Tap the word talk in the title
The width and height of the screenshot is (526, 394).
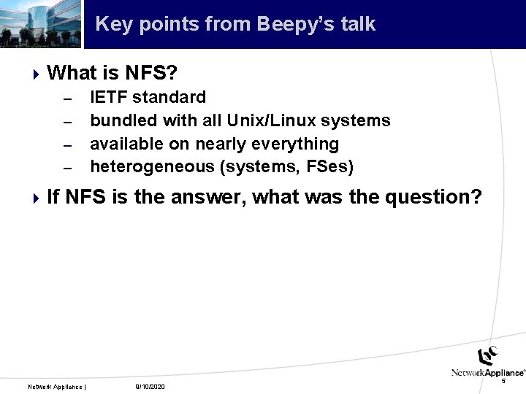tap(357, 24)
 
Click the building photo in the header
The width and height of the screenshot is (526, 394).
tap(40, 24)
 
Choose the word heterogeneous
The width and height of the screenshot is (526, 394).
tap(152, 167)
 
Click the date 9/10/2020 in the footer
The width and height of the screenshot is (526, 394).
tap(150, 386)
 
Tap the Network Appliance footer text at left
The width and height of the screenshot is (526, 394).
tap(56, 386)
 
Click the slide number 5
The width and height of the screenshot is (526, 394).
tap(503, 381)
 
